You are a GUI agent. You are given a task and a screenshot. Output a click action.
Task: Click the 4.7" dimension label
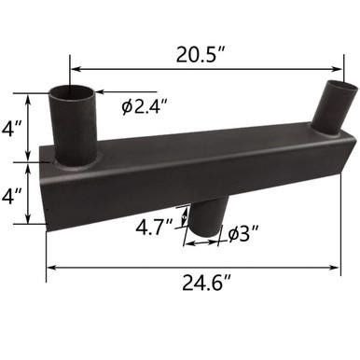coord(156,228)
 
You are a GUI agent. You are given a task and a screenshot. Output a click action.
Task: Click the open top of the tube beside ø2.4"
coord(71,93)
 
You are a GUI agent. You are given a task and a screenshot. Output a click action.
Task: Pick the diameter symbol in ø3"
coord(233,235)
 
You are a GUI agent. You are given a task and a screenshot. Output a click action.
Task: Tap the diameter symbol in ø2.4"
coord(127,107)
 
